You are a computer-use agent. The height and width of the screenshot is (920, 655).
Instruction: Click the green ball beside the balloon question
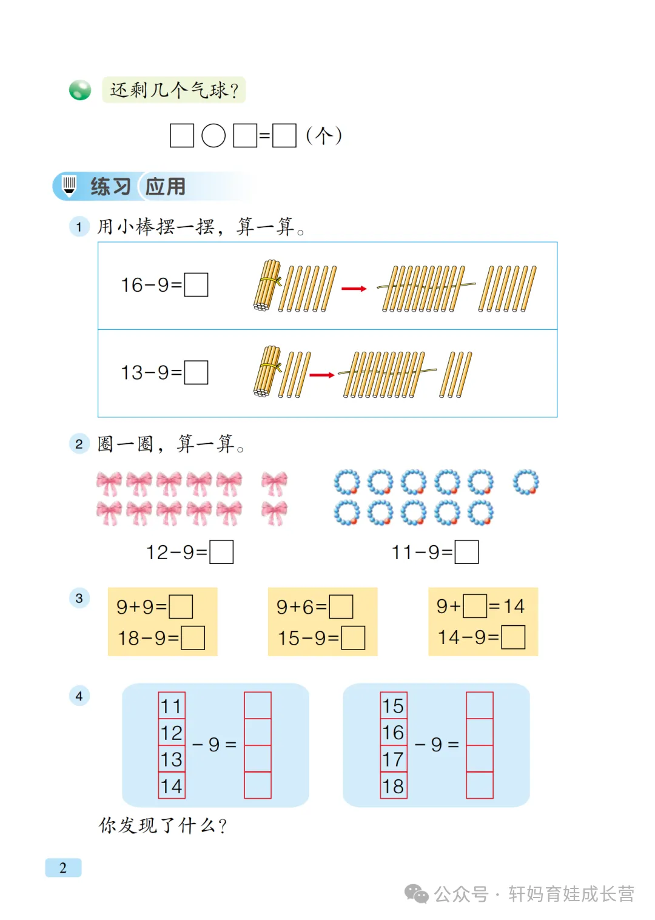tap(80, 90)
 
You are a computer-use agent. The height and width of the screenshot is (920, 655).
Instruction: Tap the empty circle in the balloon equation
tap(213, 136)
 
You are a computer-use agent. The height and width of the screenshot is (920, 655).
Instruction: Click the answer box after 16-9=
tap(196, 284)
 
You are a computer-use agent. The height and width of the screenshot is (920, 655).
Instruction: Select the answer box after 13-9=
tap(196, 372)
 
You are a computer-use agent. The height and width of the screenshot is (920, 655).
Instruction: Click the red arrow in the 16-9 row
tap(354, 289)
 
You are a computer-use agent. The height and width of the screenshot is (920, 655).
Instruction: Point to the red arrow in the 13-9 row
tap(322, 375)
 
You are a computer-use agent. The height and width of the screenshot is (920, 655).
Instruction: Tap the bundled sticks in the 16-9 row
tap(267, 286)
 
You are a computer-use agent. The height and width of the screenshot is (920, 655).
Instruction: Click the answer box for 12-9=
tap(221, 552)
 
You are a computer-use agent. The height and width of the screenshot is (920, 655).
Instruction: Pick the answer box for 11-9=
tap(466, 552)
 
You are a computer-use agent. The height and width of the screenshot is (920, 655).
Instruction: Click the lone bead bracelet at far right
tap(525, 482)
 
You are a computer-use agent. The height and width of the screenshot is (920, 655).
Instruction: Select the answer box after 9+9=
tap(181, 606)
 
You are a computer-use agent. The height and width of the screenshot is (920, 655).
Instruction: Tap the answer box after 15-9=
tap(353, 638)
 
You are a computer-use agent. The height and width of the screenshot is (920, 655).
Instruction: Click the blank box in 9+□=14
tap(475, 606)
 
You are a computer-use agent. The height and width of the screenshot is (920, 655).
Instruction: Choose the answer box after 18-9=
tap(193, 638)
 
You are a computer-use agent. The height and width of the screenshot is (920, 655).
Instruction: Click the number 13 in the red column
tap(172, 759)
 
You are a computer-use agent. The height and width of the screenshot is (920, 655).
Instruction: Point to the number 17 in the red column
tap(394, 759)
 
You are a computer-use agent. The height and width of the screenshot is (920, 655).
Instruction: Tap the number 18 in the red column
tap(394, 786)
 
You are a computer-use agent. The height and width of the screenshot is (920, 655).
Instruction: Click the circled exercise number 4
tap(79, 696)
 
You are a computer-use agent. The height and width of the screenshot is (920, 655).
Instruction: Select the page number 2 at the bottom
tap(63, 868)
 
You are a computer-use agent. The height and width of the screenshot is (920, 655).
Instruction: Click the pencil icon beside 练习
tap(69, 186)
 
